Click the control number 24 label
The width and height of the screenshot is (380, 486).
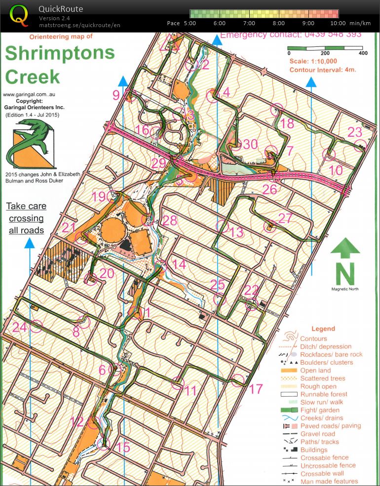pyautogui.click(x=19, y=327)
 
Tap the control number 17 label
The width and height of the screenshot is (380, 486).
pyautogui.click(x=256, y=389)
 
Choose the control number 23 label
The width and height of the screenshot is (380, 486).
pyautogui.click(x=355, y=132)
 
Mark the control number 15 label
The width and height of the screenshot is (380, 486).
pyautogui.click(x=123, y=448)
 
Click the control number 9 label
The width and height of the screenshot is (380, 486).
pyautogui.click(x=116, y=95)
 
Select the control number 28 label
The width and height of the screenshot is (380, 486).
pyautogui.click(x=169, y=221)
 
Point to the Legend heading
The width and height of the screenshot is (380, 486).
pyautogui.click(x=323, y=329)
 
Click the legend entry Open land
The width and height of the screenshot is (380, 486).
pyautogui.click(x=315, y=371)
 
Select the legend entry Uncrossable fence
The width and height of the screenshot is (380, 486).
pyautogui.click(x=328, y=465)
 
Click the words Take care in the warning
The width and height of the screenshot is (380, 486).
pyautogui.click(x=26, y=206)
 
